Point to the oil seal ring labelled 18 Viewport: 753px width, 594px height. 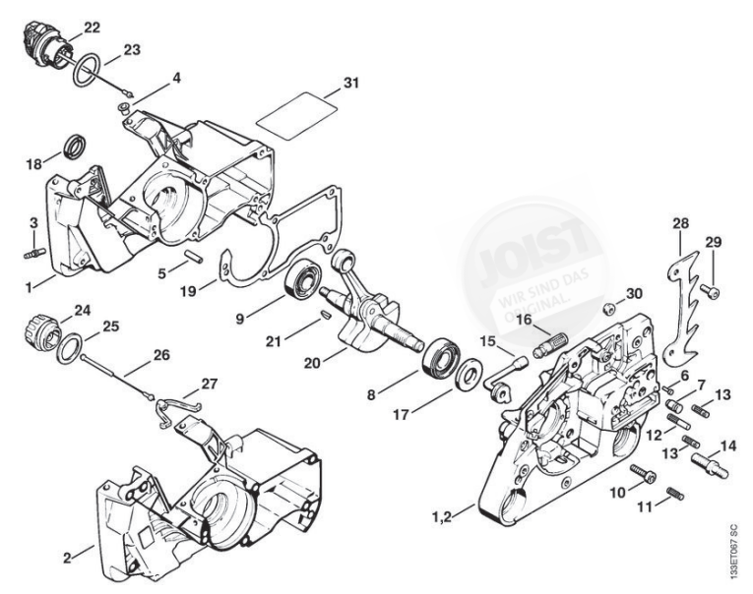(x=74, y=148)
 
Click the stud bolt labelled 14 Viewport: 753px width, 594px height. (x=713, y=460)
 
